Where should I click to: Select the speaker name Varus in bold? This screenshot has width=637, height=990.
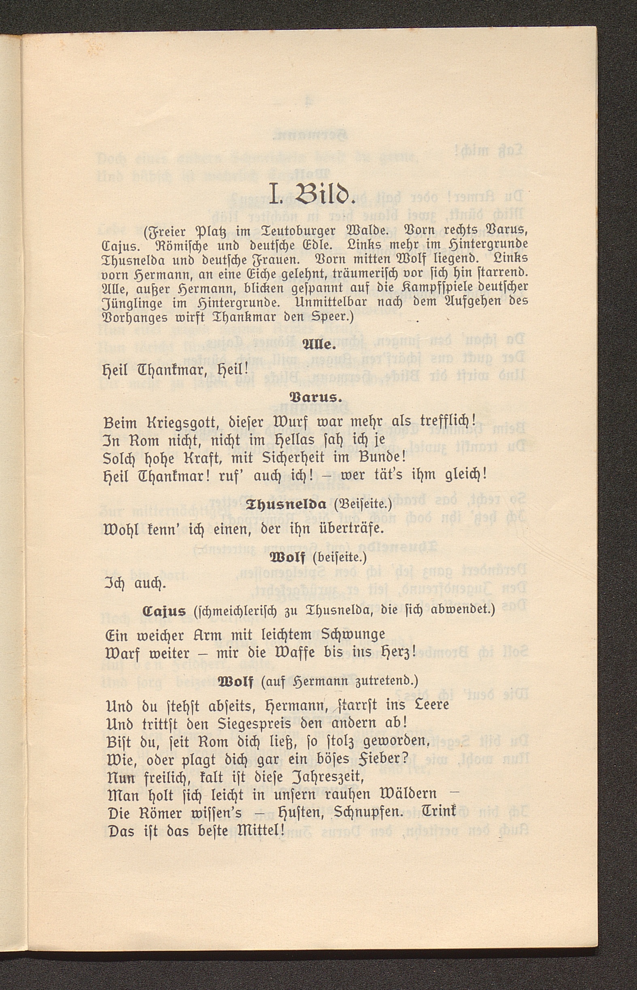pos(315,398)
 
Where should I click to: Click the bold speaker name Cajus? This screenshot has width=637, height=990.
pos(164,611)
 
